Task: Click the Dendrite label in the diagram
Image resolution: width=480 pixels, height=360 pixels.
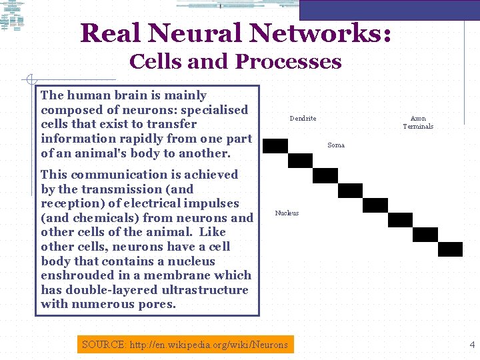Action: pyautogui.click(x=303, y=119)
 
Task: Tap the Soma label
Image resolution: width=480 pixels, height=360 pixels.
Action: pyautogui.click(x=336, y=145)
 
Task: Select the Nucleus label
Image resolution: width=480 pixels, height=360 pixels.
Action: pyautogui.click(x=287, y=213)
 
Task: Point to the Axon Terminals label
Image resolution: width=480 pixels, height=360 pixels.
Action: pyautogui.click(x=418, y=123)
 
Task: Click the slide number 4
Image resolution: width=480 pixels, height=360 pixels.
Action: pyautogui.click(x=472, y=345)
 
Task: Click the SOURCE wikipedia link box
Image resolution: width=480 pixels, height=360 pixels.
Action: pyautogui.click(x=185, y=345)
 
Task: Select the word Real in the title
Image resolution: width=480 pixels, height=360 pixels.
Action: pyautogui.click(x=111, y=33)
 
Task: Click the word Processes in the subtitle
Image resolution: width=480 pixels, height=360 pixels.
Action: pyautogui.click(x=288, y=62)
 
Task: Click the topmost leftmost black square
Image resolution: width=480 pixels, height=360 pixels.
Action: pyautogui.click(x=275, y=146)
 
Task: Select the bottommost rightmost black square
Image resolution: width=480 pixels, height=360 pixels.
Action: pyautogui.click(x=451, y=249)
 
